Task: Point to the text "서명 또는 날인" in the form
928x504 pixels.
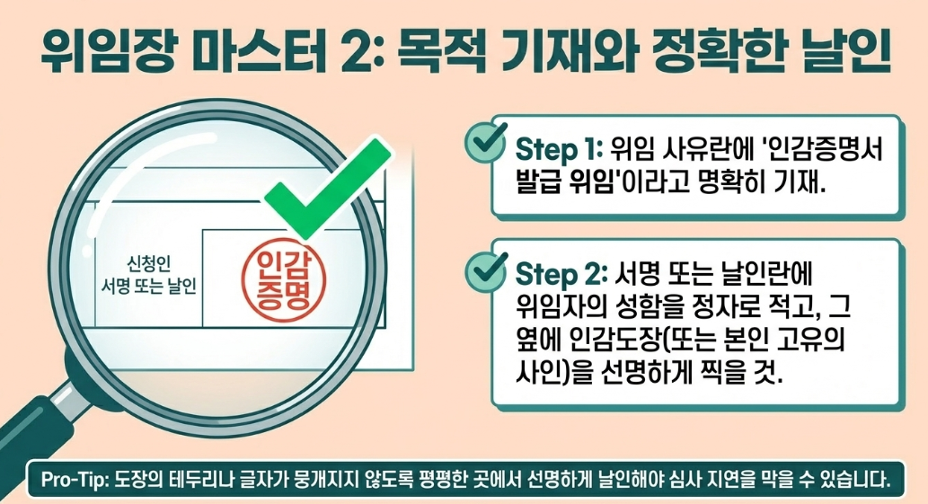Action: tap(149, 288)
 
